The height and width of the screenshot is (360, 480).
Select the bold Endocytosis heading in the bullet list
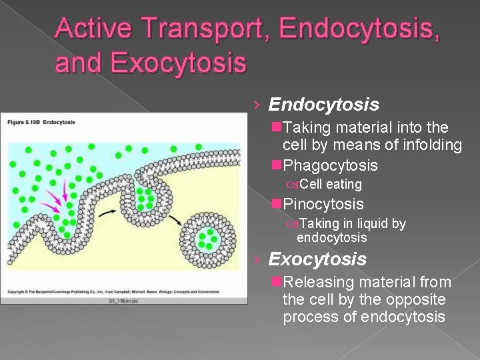[x=323, y=105]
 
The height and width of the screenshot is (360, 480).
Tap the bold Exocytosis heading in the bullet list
[x=317, y=259]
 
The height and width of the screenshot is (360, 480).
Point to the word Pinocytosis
[x=323, y=204]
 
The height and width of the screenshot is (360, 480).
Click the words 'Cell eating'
[x=331, y=184]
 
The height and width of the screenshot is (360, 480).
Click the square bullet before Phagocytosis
[x=277, y=165]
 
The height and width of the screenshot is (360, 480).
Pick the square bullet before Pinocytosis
[x=277, y=204]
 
